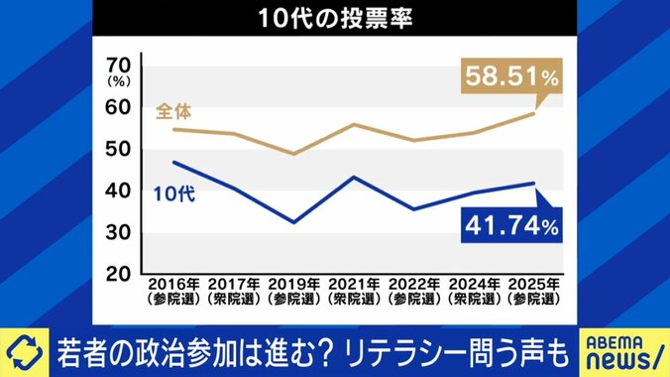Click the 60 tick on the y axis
[118, 108]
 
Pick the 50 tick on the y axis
[118, 150]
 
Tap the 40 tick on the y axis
[118, 190]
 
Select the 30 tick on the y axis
[118, 231]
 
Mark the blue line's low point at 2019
[293, 222]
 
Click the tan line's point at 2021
[354, 124]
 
